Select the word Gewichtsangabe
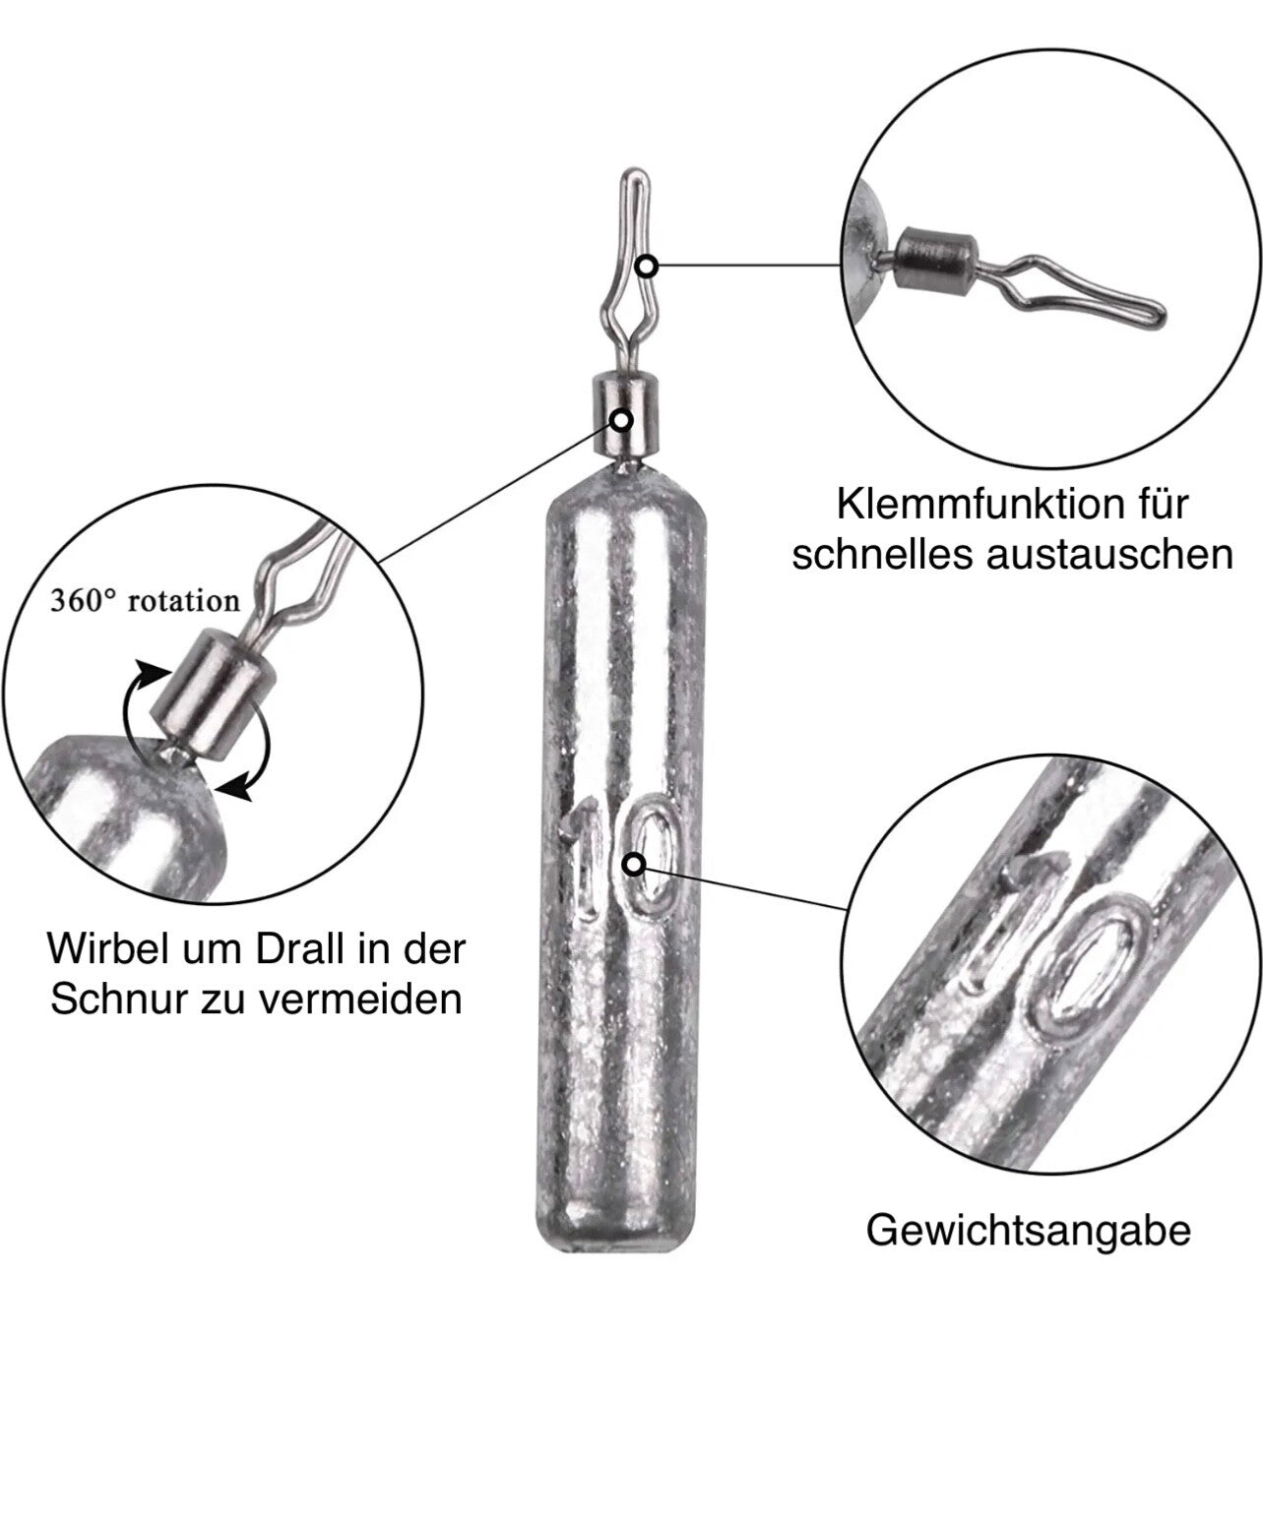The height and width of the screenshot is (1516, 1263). pos(1028,1230)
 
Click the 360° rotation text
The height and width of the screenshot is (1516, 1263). pos(145,600)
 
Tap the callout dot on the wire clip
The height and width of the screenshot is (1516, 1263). pos(647,266)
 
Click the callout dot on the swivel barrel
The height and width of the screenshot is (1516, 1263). pos(623,420)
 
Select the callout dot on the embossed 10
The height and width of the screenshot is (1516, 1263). pos(635,865)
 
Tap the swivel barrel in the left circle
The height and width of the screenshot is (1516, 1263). pos(210,693)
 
